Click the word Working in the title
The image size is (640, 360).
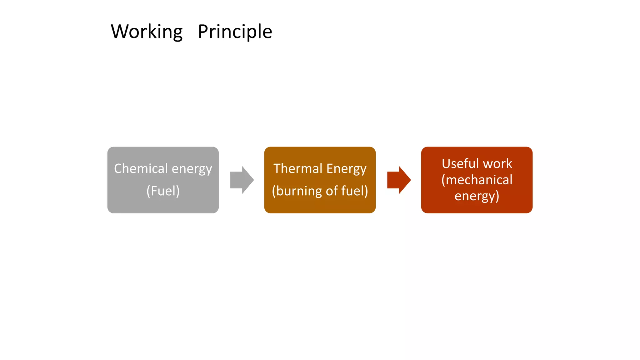147,32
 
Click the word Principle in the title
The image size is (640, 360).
235,32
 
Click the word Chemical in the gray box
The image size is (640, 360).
141,169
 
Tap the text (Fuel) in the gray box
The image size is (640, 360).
163,191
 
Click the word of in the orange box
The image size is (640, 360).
332,191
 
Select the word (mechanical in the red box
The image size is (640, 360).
477,180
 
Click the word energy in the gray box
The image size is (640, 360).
192,169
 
